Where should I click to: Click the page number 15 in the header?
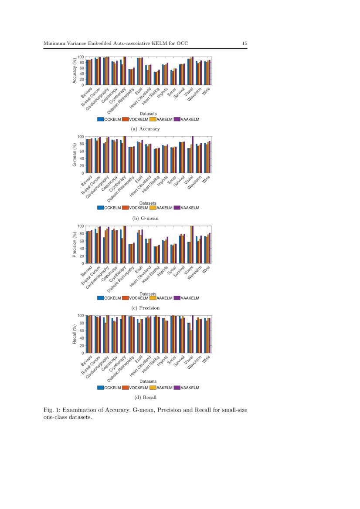pos(245,43)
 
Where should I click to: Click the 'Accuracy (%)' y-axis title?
pos(75,71)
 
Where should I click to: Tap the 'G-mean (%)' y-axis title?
pos(75,155)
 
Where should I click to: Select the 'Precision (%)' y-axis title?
pos(75,244)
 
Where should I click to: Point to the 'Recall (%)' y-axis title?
pos(75,334)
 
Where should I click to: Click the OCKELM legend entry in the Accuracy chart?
pos(109,118)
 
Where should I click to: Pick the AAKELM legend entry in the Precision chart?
pos(161,298)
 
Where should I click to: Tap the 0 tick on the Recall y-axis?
pos(82,353)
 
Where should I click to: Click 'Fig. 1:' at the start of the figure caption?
pos(51,410)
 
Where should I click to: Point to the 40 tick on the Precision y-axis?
pos(82,248)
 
